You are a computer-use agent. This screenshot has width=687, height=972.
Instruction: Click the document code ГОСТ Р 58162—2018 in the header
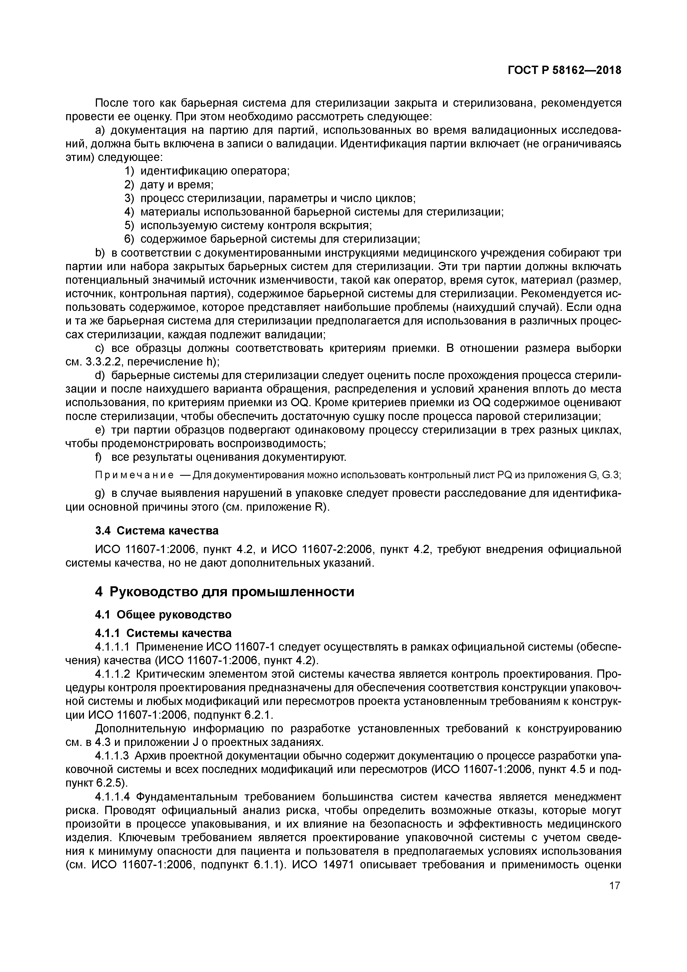pos(565,70)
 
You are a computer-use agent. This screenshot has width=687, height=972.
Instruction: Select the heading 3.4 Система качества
pos(157,530)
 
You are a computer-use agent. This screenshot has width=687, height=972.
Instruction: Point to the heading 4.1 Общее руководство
pos(163,614)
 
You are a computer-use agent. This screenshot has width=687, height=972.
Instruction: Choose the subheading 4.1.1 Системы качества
pos(163,633)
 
